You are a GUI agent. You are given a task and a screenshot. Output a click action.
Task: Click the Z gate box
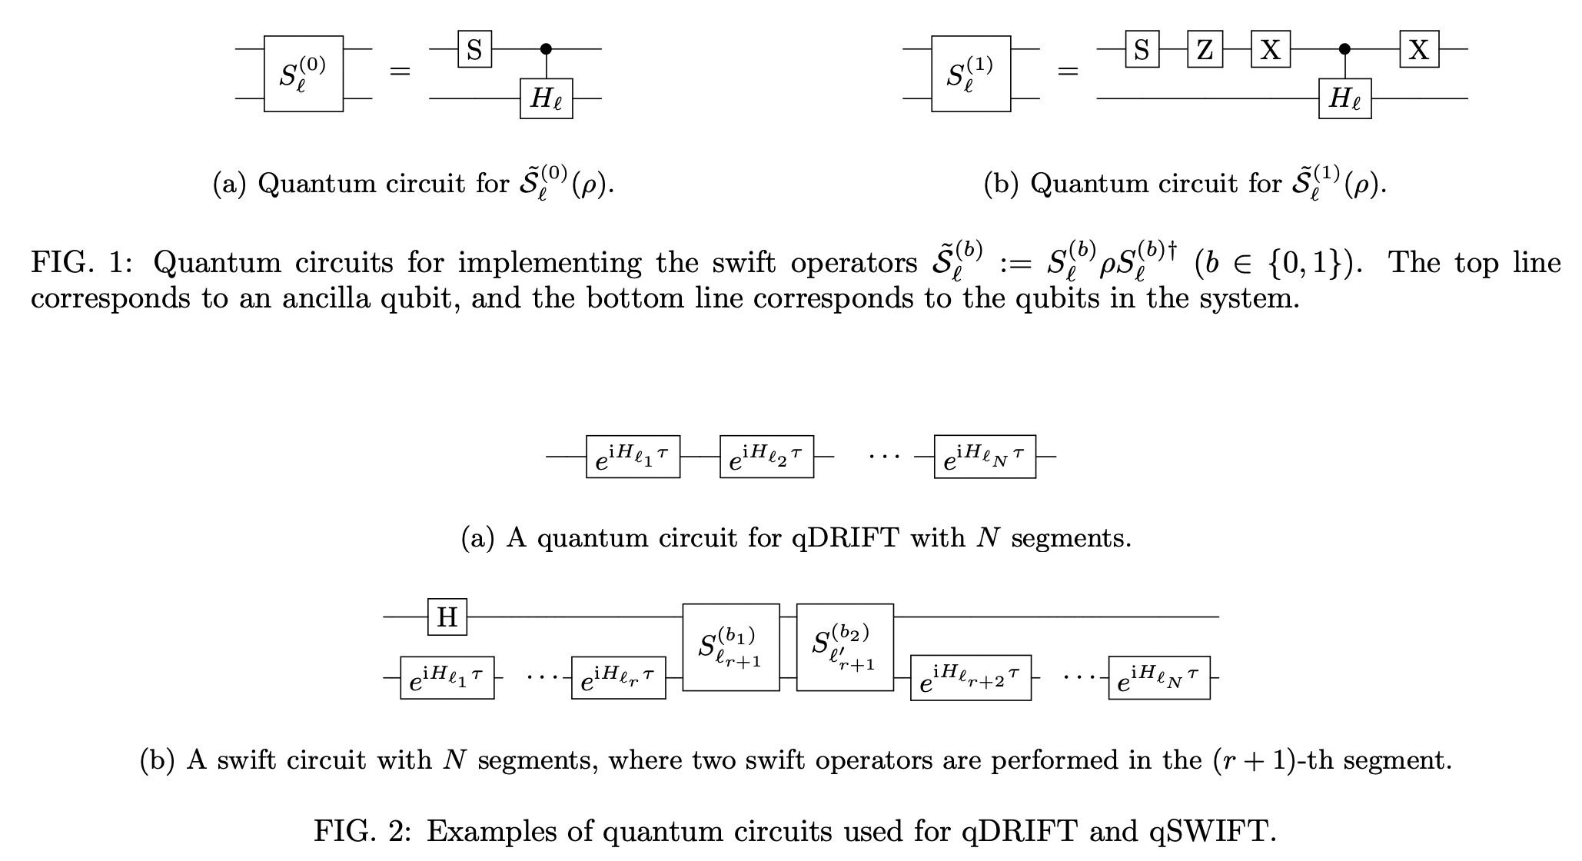[x=1205, y=49]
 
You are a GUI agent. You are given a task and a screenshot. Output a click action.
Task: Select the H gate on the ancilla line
[x=447, y=617]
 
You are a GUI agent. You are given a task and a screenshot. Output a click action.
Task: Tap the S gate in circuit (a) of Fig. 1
[x=474, y=49]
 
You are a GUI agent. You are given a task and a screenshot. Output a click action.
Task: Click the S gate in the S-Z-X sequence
[x=1142, y=49]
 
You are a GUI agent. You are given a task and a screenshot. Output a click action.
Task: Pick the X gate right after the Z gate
[x=1271, y=49]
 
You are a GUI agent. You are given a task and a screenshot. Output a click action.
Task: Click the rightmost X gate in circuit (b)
[x=1419, y=49]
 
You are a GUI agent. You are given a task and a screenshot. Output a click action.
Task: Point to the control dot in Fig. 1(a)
[x=546, y=49]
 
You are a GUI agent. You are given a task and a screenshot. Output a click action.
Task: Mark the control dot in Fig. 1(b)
[x=1344, y=49]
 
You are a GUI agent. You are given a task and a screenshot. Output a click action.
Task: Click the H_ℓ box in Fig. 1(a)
[x=546, y=98]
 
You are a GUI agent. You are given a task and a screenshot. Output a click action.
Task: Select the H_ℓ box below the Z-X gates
[x=1344, y=98]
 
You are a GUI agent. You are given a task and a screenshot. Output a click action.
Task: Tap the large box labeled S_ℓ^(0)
[x=304, y=74]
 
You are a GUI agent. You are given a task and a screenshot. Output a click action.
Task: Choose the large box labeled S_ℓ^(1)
[x=971, y=74]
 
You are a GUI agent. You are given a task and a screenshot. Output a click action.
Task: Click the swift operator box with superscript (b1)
[x=730, y=647]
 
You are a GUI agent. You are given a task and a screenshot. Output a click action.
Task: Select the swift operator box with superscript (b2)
[x=845, y=647]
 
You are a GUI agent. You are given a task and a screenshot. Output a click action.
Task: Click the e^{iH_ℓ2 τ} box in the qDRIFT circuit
[x=766, y=457]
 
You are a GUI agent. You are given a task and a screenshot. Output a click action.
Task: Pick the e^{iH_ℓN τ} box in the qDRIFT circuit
[x=985, y=457]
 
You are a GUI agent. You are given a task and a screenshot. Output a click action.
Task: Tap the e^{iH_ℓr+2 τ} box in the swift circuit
[x=970, y=677]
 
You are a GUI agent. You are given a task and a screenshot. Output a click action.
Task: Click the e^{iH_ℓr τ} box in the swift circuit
[x=618, y=677]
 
